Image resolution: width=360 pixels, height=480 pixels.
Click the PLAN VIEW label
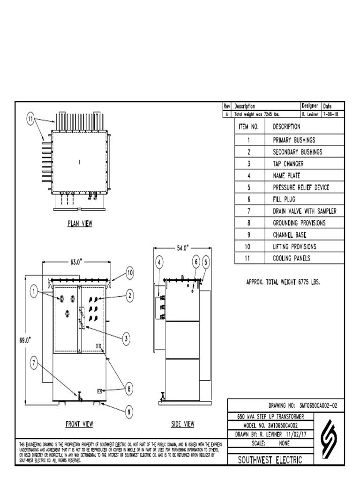point(79,224)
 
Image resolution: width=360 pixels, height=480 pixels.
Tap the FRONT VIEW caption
point(79,424)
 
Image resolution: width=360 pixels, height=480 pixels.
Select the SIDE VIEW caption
point(182,424)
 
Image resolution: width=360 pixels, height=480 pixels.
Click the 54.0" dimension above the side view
point(182,248)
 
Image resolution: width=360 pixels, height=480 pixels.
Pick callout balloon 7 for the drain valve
point(34,362)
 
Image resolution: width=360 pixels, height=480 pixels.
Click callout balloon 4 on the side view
point(159,262)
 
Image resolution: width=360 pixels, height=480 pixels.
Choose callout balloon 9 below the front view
point(128,412)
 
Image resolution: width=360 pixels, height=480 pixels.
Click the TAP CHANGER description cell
point(288,164)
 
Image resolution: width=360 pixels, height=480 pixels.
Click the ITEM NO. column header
point(249,127)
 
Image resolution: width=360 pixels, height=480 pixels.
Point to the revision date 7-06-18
point(333,114)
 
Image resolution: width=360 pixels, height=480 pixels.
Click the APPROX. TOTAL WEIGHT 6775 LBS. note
point(283,282)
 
